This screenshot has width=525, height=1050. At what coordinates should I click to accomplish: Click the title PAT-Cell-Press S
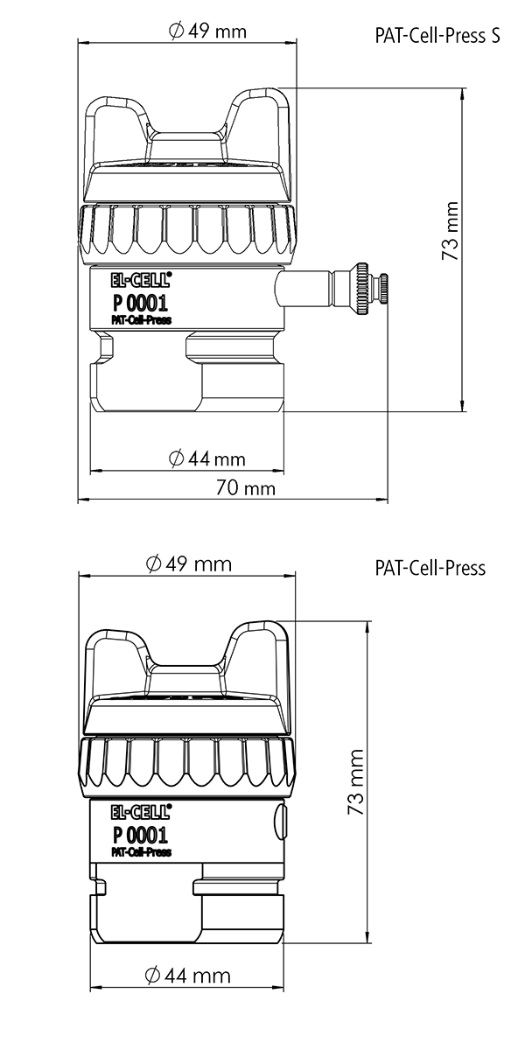click(x=437, y=36)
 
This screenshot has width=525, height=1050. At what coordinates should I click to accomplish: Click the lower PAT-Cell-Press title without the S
click(x=430, y=568)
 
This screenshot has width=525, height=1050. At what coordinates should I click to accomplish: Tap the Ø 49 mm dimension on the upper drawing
click(x=207, y=31)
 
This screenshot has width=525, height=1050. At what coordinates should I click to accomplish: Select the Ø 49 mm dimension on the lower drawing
click(x=189, y=563)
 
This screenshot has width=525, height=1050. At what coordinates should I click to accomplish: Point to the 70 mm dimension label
click(x=245, y=488)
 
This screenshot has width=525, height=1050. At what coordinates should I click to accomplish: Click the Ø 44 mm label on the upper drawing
click(x=207, y=458)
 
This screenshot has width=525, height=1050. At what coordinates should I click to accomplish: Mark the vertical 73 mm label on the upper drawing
click(x=450, y=231)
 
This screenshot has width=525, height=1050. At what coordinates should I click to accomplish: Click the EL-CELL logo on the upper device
click(x=141, y=279)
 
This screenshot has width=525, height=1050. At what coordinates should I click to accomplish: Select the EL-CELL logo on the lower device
click(x=141, y=812)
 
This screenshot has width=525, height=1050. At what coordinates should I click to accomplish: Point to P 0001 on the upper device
click(x=140, y=303)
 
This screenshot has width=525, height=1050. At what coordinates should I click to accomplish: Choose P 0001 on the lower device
click(x=140, y=835)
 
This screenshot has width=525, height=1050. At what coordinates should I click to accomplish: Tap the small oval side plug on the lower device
click(x=279, y=822)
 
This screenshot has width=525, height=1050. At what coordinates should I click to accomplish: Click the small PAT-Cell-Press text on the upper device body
click(x=141, y=320)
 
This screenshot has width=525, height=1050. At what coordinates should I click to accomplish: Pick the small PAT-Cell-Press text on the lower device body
click(x=141, y=852)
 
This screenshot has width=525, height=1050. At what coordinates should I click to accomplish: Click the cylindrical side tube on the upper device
click(x=305, y=288)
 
